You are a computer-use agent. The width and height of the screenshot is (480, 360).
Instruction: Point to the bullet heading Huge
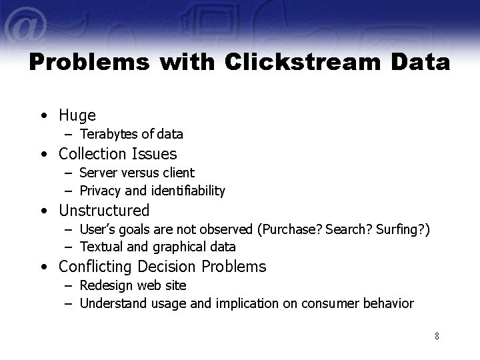77,115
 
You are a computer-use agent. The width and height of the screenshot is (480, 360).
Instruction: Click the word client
178,173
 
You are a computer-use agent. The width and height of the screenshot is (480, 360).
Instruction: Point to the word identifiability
189,191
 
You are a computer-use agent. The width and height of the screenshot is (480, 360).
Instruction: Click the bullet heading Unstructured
104,211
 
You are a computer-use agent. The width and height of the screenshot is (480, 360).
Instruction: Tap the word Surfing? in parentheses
401,230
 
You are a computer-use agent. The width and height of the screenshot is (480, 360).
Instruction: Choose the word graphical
180,247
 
